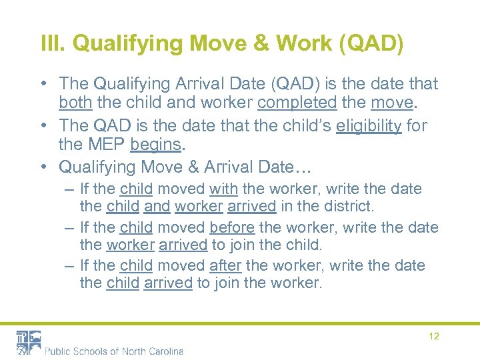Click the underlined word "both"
pyautogui.click(x=74, y=103)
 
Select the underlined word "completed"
pyautogui.click(x=297, y=103)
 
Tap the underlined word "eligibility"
pyautogui.click(x=369, y=125)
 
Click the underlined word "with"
pyautogui.click(x=223, y=189)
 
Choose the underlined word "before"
pyautogui.click(x=232, y=227)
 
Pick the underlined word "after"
pyautogui.click(x=225, y=265)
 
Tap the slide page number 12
pyautogui.click(x=434, y=336)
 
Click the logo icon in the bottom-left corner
pyautogui.click(x=29, y=342)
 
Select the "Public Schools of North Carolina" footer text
pyautogui.click(x=114, y=351)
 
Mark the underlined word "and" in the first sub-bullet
pyautogui.click(x=157, y=207)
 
